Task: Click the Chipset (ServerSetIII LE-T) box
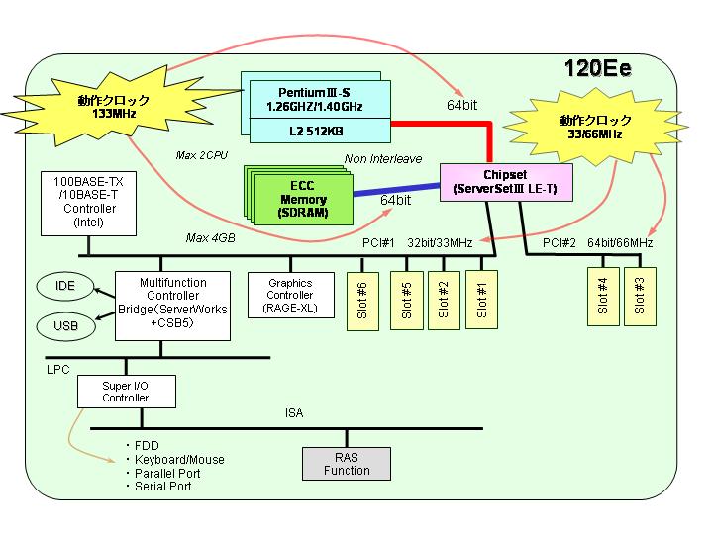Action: pyautogui.click(x=506, y=182)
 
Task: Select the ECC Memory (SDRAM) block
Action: pyautogui.click(x=303, y=200)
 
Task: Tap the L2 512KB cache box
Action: pyautogui.click(x=320, y=131)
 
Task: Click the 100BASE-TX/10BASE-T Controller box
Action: pyautogui.click(x=89, y=203)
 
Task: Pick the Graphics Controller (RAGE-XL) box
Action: pyautogui.click(x=290, y=295)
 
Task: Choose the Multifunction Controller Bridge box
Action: pyautogui.click(x=172, y=306)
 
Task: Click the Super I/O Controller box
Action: pyautogui.click(x=127, y=392)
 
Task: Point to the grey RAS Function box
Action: pyautogui.click(x=347, y=464)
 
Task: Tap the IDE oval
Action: pyautogui.click(x=65, y=286)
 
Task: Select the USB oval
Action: pyautogui.click(x=66, y=326)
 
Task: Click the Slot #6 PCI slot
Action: pyautogui.click(x=362, y=301)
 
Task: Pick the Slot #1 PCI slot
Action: pyautogui.click(x=481, y=300)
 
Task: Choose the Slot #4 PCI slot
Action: pyautogui.click(x=603, y=297)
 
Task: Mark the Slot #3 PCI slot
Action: pyautogui.click(x=640, y=297)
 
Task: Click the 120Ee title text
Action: pyautogui.click(x=597, y=68)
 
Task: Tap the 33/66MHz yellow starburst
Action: pyautogui.click(x=596, y=128)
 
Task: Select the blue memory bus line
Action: pyautogui.click(x=396, y=189)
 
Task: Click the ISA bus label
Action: pyautogui.click(x=294, y=413)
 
